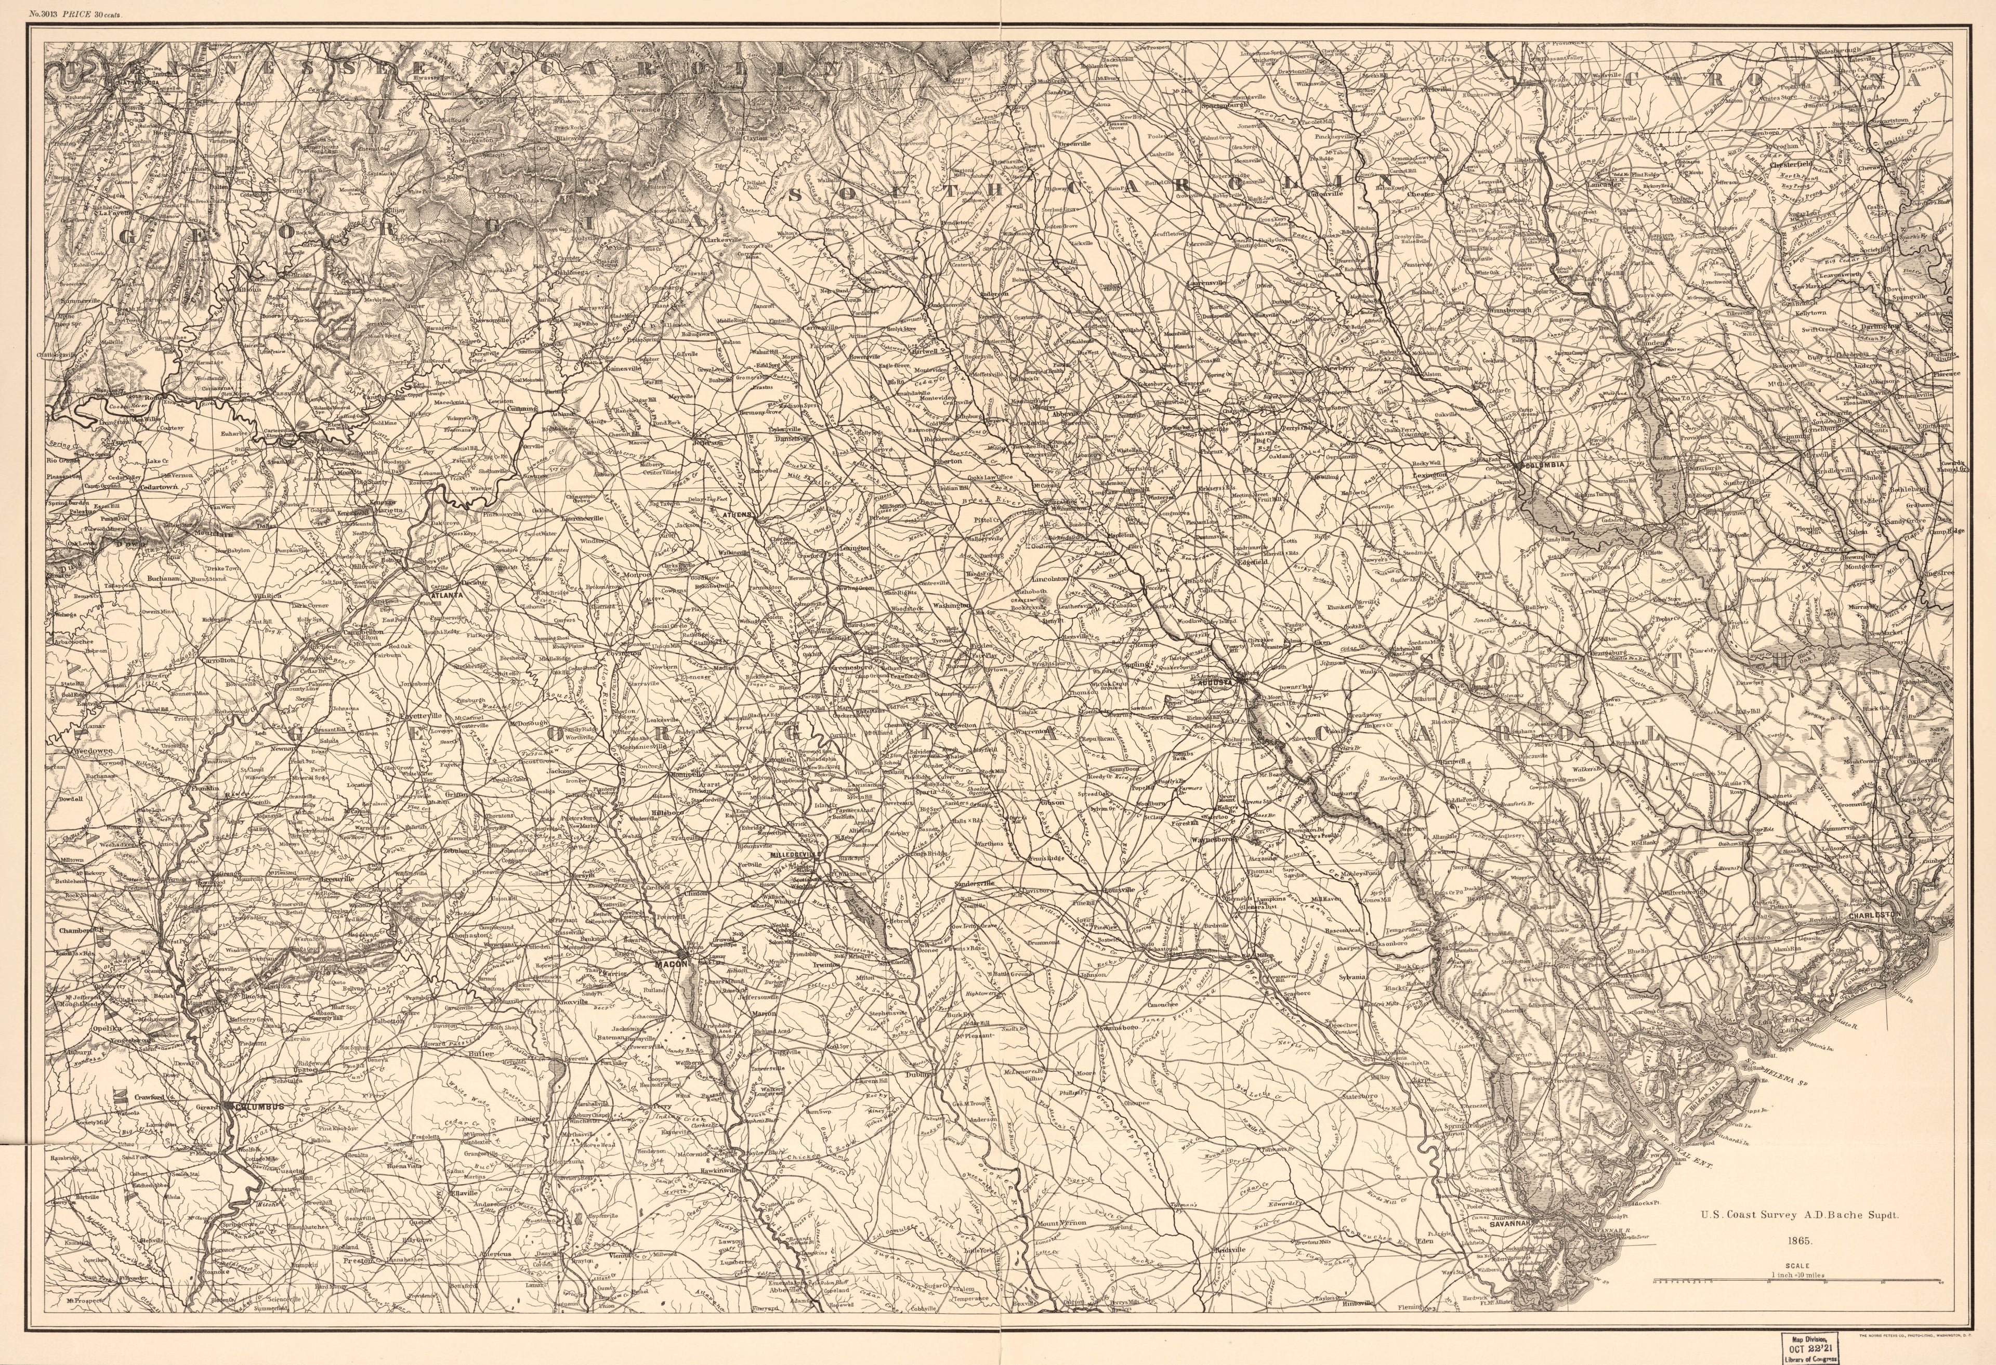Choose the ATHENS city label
click(x=736, y=515)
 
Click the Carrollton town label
click(x=216, y=660)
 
